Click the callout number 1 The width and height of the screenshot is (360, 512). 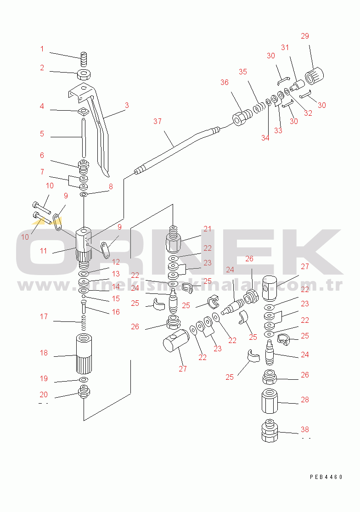tap(42, 49)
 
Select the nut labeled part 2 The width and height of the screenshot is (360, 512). tap(84, 74)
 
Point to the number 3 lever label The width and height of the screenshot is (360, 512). tap(127, 106)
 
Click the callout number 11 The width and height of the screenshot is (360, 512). tap(44, 251)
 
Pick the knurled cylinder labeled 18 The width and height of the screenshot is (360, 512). tap(84, 354)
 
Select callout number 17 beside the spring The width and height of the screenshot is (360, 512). tap(44, 316)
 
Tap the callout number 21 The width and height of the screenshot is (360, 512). tap(207, 229)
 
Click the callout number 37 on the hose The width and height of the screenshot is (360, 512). tap(157, 122)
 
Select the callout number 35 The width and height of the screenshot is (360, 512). tap(243, 72)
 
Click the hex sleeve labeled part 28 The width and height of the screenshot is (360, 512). tap(270, 401)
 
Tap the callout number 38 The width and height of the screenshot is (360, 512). tap(304, 429)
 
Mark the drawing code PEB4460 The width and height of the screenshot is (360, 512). tap(326, 477)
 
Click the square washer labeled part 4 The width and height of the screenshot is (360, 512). tap(84, 112)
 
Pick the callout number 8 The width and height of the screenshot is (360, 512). tap(111, 186)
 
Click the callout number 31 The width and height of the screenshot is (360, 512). tap(285, 48)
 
